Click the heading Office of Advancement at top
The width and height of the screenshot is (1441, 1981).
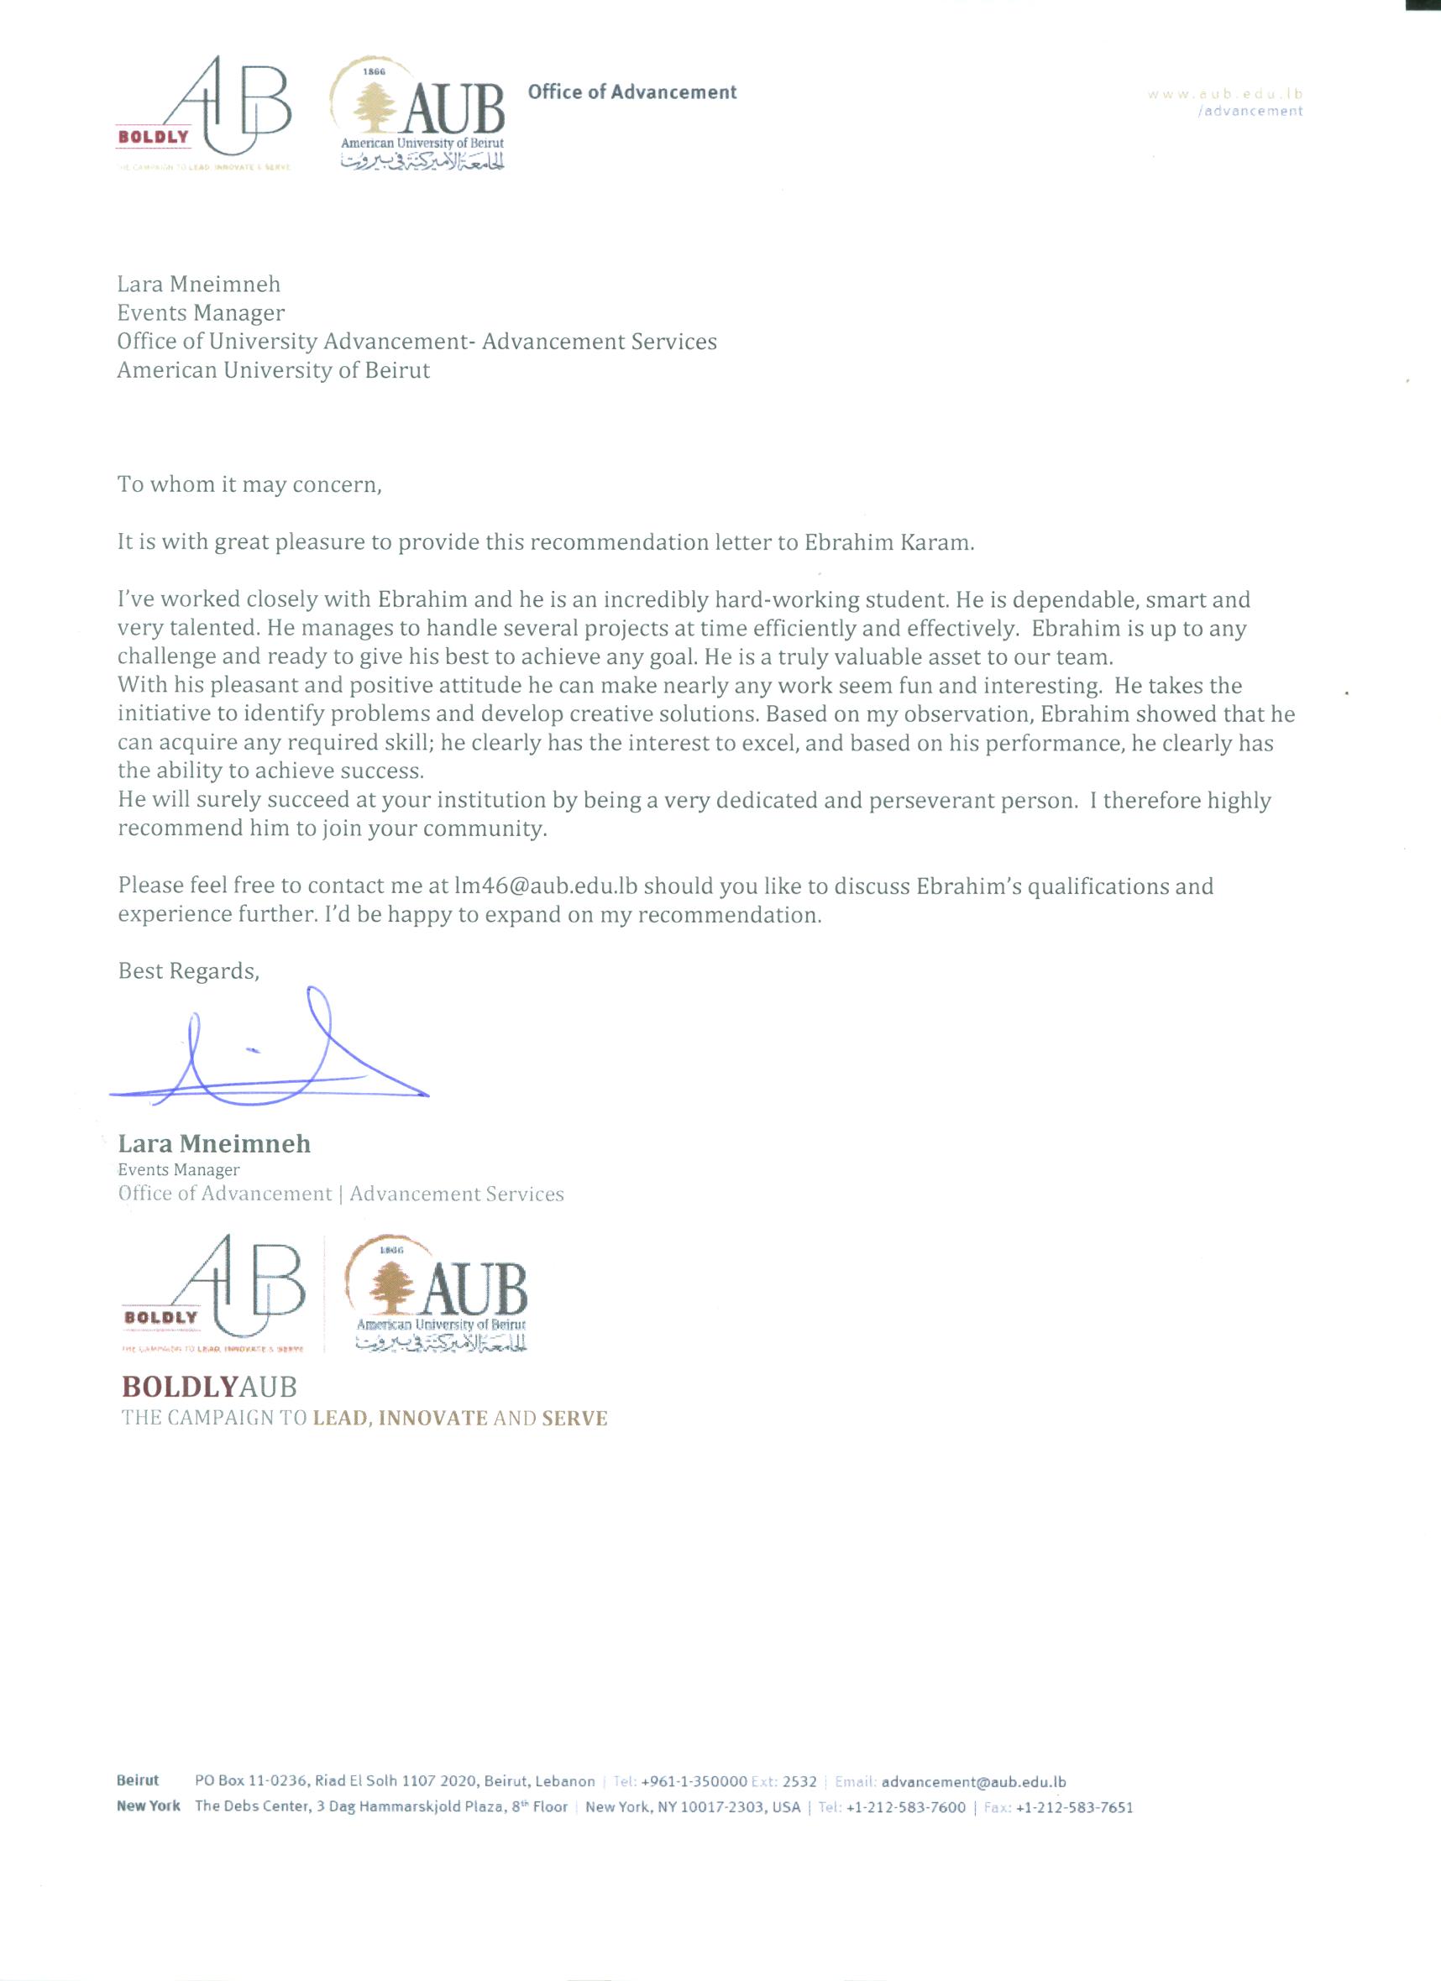pos(631,92)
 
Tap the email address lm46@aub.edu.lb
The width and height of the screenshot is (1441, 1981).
pos(545,886)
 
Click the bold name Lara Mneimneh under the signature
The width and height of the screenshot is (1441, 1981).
pos(214,1144)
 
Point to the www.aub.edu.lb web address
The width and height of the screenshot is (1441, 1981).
pos(1225,94)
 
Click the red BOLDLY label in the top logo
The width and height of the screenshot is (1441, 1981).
pos(154,137)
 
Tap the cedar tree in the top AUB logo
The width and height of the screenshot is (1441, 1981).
pos(375,107)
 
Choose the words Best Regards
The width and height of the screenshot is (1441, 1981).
pos(188,971)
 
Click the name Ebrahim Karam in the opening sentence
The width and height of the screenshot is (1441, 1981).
pos(887,542)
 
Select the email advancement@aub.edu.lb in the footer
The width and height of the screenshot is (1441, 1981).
pos(973,1782)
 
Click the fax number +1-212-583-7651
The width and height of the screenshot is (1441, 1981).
pos(1074,1807)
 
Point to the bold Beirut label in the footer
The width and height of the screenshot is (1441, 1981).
pos(138,1781)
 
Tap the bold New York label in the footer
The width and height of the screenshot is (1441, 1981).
pos(149,1806)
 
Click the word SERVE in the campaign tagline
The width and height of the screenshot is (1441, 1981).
pos(574,1418)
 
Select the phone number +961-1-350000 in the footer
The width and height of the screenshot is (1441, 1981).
pos(693,1782)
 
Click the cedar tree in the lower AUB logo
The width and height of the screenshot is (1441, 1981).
pos(392,1288)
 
